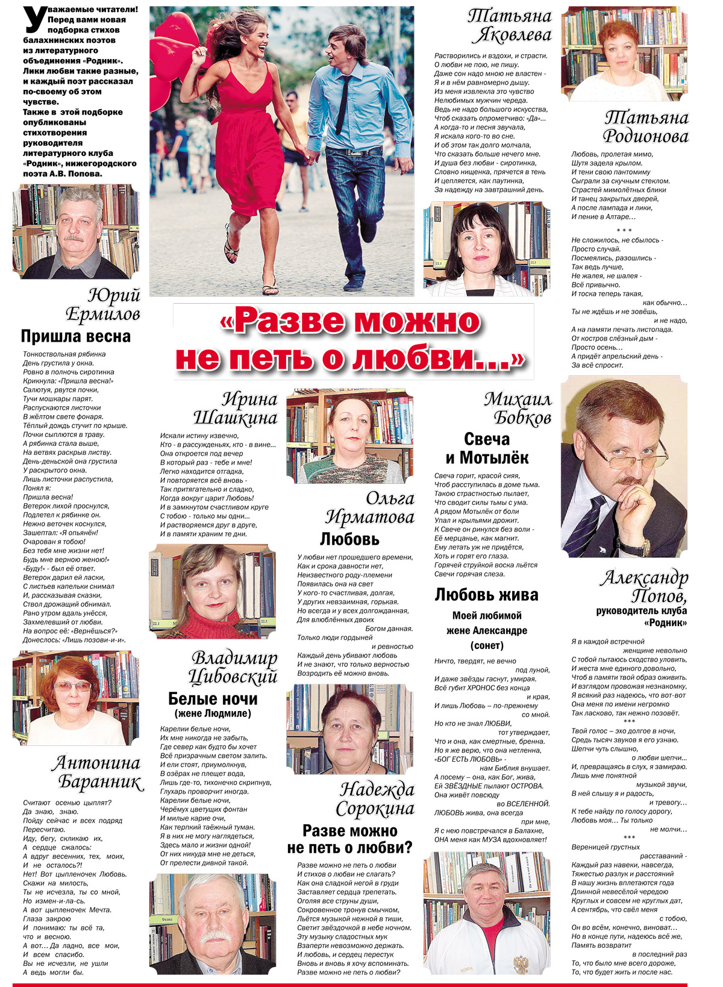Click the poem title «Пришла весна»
click(x=75, y=336)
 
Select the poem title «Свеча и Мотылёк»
click(x=487, y=448)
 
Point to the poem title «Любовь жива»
click(x=486, y=595)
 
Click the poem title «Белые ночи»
click(x=213, y=699)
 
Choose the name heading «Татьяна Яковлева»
click(x=510, y=25)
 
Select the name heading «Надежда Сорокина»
click(x=376, y=799)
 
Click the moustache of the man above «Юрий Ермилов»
click(x=74, y=238)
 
